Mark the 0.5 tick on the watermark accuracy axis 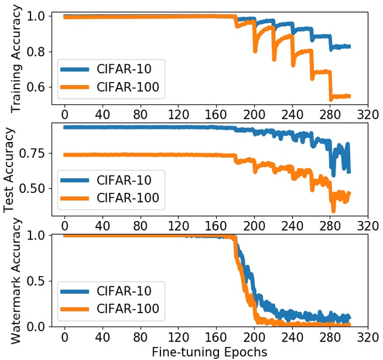click(x=37, y=281)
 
